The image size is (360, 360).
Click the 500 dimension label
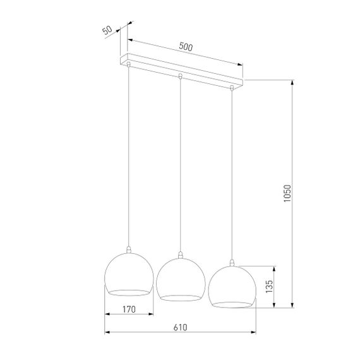click(186, 47)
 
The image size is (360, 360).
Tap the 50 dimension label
click(107, 32)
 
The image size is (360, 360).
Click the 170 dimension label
click(128, 310)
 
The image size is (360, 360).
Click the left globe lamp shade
click(128, 273)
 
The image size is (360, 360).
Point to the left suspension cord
click(129, 158)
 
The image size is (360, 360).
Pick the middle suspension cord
click(181, 164)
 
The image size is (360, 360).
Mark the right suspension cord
click(232, 171)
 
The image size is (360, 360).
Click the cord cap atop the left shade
click(129, 250)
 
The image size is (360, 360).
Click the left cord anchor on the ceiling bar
click(129, 64)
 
